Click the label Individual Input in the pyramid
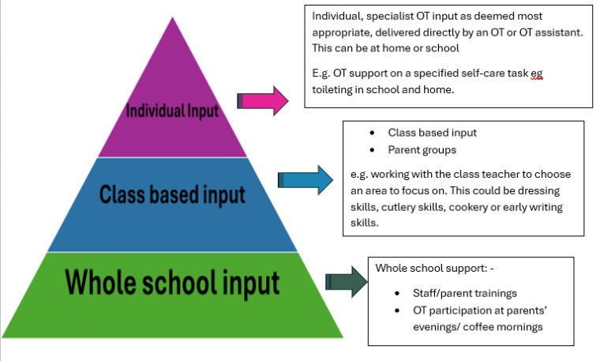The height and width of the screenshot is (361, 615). (172, 111)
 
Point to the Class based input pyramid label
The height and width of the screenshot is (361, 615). (173, 194)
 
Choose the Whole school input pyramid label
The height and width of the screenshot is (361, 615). (172, 281)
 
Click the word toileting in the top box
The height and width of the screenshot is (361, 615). (335, 89)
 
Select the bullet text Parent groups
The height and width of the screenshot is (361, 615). (422, 150)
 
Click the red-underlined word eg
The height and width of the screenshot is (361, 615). (537, 73)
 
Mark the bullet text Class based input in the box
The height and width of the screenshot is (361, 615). (432, 133)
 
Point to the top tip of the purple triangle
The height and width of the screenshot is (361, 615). (171, 17)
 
